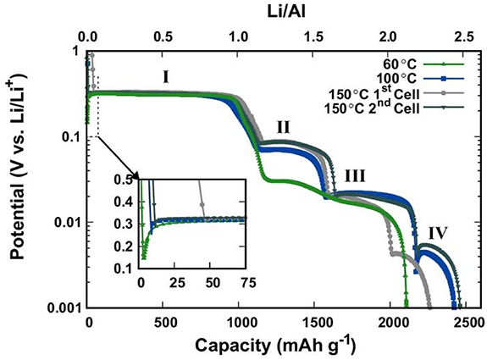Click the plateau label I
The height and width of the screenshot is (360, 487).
166,77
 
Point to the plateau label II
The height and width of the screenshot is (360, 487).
283,126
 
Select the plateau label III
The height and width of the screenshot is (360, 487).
355,176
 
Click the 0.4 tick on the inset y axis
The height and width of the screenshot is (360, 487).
128,202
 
